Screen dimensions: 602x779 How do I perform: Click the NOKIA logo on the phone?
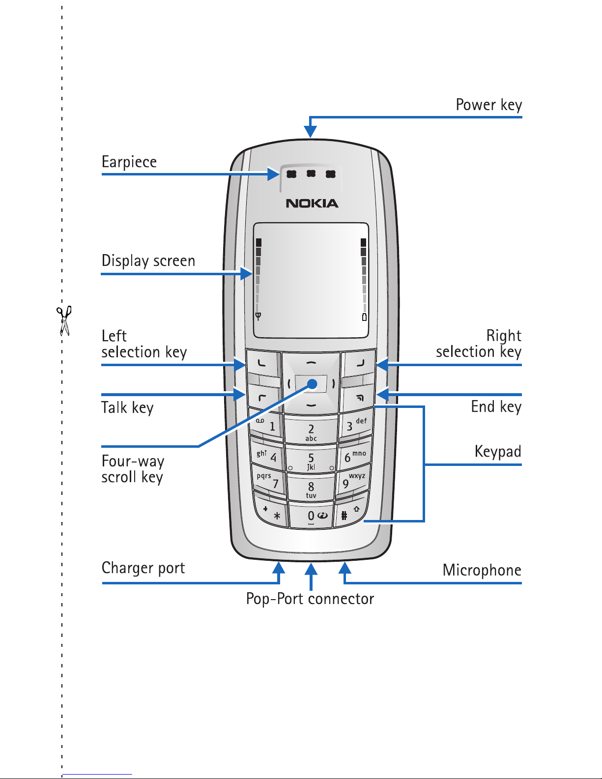312,203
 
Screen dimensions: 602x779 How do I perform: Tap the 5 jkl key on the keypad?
311,461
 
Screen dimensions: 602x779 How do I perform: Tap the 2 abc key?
311,431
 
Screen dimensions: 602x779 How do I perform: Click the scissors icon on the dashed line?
64,320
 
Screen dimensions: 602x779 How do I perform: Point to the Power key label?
489,105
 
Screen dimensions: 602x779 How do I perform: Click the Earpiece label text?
129,162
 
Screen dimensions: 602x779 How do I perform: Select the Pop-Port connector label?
310,599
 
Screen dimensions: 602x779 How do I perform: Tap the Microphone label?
482,570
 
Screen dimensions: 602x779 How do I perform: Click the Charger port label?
143,568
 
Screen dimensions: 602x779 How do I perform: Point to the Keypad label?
498,451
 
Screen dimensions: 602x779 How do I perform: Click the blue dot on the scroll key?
313,384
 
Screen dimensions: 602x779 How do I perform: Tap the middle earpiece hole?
311,173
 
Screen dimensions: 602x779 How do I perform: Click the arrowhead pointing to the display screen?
247,274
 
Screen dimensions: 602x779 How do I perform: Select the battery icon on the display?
364,317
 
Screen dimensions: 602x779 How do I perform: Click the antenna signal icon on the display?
258,316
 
